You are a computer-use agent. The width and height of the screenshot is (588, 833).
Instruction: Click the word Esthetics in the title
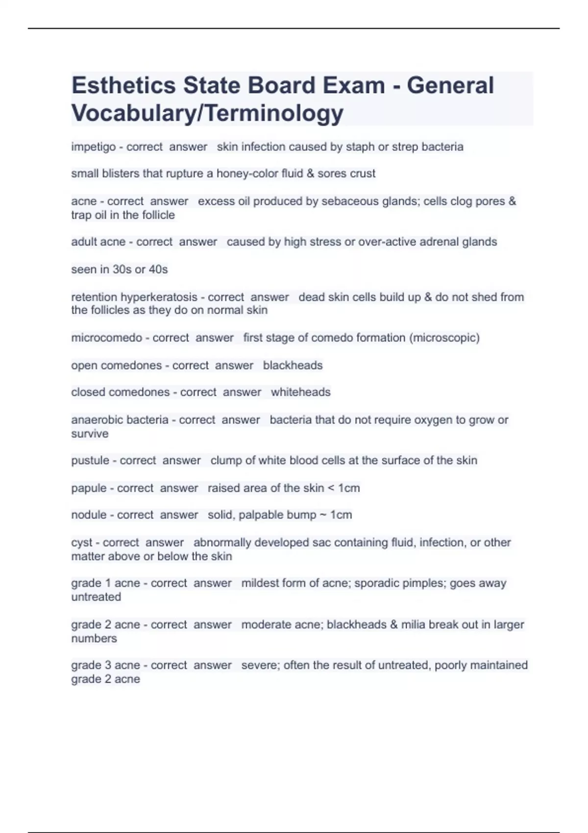[x=123, y=86]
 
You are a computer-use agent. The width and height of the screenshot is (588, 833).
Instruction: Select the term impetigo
[x=93, y=147]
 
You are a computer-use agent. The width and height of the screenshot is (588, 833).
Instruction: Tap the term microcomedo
[x=106, y=338]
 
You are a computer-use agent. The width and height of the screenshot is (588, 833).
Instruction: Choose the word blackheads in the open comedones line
[x=293, y=366]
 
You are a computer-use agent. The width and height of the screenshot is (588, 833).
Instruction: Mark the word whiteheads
[x=300, y=392]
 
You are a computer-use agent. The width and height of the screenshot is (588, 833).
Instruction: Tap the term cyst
[x=82, y=543]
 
